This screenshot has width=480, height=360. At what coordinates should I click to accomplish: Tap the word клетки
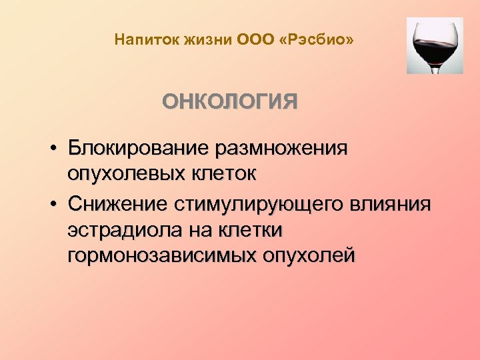[x=252, y=230]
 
